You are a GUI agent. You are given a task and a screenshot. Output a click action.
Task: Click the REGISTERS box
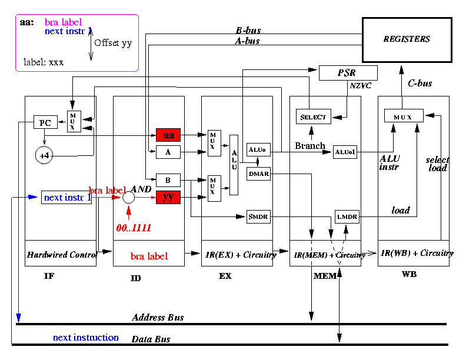[x=407, y=39]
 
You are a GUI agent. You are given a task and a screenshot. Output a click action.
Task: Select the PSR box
[x=347, y=73]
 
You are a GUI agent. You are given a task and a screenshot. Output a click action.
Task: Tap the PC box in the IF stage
[x=44, y=123]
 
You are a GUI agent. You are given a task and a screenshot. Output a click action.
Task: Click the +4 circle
[x=44, y=155]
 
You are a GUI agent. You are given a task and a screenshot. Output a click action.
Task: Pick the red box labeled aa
[x=168, y=135]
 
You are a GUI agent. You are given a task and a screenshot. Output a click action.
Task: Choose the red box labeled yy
[x=168, y=198]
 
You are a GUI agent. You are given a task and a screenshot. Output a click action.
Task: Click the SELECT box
[x=313, y=116]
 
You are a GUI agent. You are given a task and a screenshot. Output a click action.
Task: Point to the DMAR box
[x=258, y=174]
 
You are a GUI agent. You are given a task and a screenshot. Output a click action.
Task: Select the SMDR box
[x=258, y=217]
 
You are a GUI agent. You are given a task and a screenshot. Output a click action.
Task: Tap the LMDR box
[x=347, y=217]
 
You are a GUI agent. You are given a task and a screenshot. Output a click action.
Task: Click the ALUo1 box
[x=345, y=152]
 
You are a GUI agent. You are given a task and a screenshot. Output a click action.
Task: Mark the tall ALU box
[x=234, y=164]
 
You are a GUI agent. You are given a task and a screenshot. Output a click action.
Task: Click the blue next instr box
[x=66, y=198]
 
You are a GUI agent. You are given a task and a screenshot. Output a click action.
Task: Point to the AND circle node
[x=129, y=198]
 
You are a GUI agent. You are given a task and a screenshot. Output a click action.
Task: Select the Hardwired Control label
[x=61, y=255]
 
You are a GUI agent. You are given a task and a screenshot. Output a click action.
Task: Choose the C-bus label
[x=420, y=84]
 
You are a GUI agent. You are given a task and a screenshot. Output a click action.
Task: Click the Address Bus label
[x=158, y=318]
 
